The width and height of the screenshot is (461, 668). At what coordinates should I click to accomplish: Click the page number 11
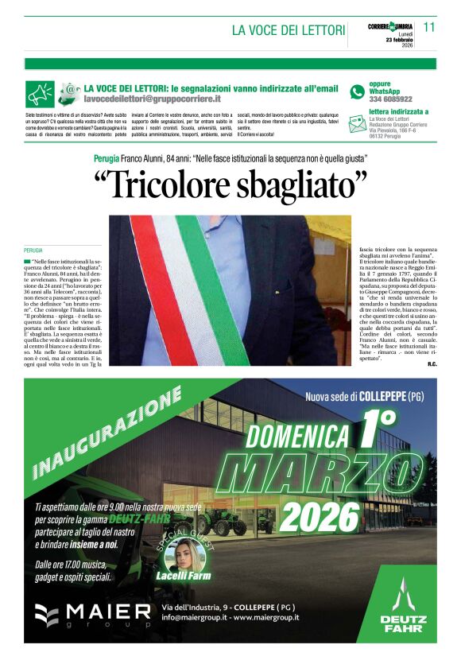coord(429,27)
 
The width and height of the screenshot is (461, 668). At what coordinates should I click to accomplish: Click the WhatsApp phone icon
coord(358,91)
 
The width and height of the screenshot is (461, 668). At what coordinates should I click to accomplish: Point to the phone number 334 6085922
coord(390,99)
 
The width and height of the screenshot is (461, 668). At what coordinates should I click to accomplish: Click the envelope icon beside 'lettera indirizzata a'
coord(358,121)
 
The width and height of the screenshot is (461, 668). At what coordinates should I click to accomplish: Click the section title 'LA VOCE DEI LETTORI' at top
coord(289,30)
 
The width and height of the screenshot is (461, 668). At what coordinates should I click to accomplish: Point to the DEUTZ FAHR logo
coord(404,608)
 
